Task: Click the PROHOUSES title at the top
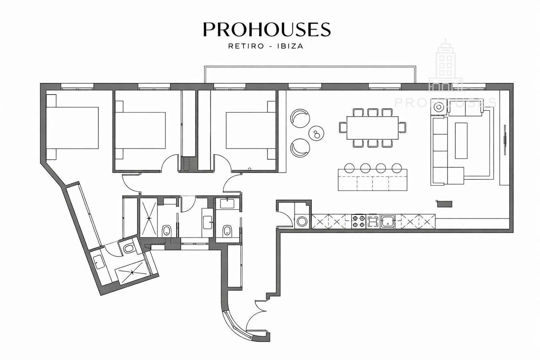(x=267, y=29)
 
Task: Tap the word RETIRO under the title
(x=246, y=46)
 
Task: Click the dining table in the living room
(x=373, y=128)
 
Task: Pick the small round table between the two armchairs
(x=316, y=133)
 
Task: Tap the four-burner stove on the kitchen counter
(x=358, y=221)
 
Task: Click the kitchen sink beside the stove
(x=388, y=221)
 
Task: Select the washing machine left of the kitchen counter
(x=302, y=221)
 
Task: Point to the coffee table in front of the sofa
(x=461, y=140)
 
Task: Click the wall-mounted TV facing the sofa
(x=505, y=140)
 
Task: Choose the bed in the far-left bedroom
(x=72, y=128)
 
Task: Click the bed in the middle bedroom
(x=140, y=130)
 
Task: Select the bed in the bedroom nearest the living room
(x=251, y=130)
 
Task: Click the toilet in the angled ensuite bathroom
(x=129, y=248)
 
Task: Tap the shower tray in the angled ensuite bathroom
(x=132, y=272)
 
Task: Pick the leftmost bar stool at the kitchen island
(x=349, y=168)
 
